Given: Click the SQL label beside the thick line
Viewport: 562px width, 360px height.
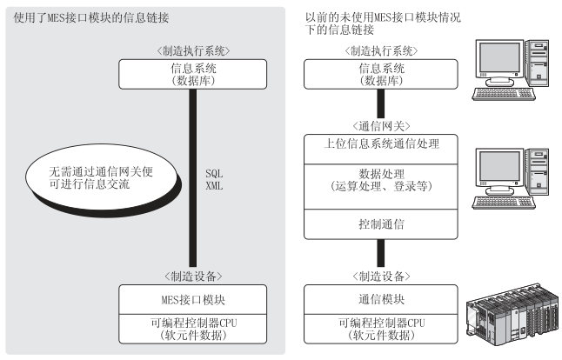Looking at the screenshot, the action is [x=214, y=174].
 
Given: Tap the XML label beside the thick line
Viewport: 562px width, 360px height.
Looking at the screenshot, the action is [x=214, y=186].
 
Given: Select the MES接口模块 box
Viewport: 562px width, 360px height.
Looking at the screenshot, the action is [x=193, y=300].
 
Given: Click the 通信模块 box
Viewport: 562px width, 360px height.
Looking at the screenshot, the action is [x=381, y=300].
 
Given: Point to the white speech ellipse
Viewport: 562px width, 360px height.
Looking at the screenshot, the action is [x=101, y=177].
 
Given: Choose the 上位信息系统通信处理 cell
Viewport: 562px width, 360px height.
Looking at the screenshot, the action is [x=381, y=150].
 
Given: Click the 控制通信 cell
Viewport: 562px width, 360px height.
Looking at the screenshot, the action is [x=381, y=224].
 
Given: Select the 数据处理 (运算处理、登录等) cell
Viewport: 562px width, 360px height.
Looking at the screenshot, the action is [x=381, y=187].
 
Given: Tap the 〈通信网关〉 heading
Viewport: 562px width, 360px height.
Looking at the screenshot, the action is [x=381, y=126].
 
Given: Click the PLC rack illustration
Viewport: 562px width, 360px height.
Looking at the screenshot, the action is [x=512, y=316].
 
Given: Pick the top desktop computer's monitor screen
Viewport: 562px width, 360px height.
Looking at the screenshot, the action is [x=499, y=57].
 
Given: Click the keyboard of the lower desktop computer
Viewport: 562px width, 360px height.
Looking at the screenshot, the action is [x=504, y=203].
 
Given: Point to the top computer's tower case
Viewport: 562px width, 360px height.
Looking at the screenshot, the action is [x=538, y=63].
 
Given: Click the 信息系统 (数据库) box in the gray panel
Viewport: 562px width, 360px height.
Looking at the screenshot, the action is [x=193, y=74].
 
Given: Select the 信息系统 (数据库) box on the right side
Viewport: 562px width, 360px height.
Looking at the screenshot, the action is [x=381, y=74].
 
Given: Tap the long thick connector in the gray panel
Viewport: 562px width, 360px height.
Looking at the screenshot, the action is [x=193, y=178].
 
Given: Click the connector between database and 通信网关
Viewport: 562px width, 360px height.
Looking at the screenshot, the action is [x=381, y=103].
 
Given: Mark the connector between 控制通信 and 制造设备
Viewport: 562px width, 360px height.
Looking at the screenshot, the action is [x=381, y=253].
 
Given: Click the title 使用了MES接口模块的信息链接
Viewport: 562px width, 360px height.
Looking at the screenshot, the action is [x=91, y=17].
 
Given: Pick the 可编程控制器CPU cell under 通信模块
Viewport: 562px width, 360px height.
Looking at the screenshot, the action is [x=381, y=330].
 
